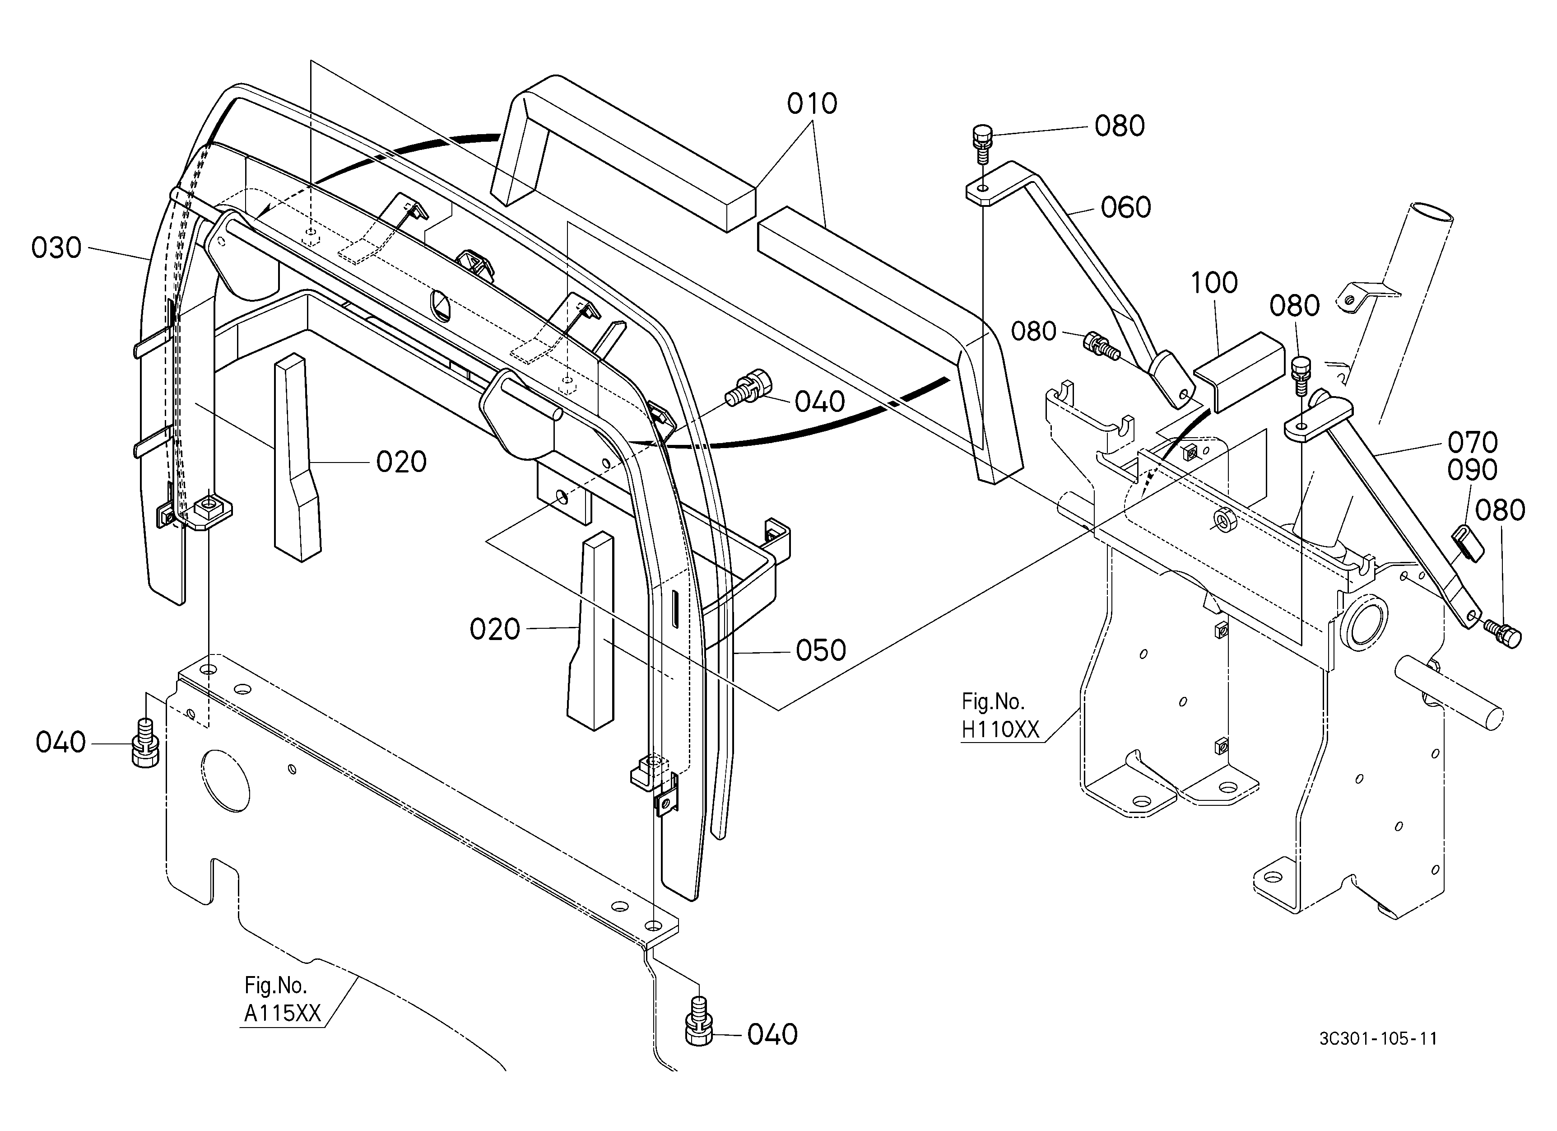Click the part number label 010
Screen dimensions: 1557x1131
(812, 104)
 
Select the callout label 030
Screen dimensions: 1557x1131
(56, 248)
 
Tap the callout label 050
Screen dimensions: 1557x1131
(821, 650)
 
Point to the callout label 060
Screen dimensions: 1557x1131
(1126, 207)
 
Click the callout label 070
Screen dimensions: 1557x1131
(1473, 442)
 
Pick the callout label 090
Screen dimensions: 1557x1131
(1473, 470)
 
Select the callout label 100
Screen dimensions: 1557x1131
(1214, 283)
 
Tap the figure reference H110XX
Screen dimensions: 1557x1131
(1000, 729)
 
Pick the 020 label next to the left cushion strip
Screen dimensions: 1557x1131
(402, 462)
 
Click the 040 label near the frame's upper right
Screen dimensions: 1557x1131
(820, 402)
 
